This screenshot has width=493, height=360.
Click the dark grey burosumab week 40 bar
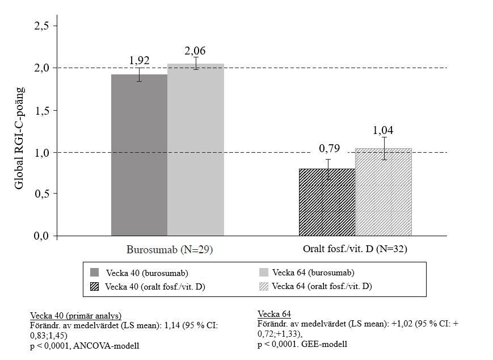(x=140, y=155)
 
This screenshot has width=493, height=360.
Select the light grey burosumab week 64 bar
(x=196, y=150)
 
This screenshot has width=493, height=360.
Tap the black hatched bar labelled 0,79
(x=327, y=202)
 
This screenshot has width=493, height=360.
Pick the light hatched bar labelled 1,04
(x=384, y=192)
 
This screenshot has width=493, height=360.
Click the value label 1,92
(x=140, y=60)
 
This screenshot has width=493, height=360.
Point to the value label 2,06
(x=195, y=51)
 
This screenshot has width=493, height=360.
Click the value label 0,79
(x=330, y=148)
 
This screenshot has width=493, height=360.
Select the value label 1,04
(x=383, y=130)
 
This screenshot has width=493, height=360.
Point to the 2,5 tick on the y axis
(x=41, y=26)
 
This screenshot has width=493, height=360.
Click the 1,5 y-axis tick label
(x=41, y=111)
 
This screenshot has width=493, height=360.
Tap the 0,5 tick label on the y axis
(x=41, y=194)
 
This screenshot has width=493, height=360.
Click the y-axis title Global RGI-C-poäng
(x=19, y=138)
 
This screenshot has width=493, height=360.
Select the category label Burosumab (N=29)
(x=170, y=249)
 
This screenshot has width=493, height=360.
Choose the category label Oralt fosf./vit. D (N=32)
(x=355, y=249)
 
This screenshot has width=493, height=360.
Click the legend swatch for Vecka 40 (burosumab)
(x=94, y=273)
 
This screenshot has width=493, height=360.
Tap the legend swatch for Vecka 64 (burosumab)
(x=263, y=273)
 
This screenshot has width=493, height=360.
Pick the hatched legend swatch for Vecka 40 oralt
(x=94, y=286)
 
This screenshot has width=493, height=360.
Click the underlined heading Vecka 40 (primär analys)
(x=76, y=316)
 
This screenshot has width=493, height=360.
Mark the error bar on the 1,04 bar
(x=384, y=149)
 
